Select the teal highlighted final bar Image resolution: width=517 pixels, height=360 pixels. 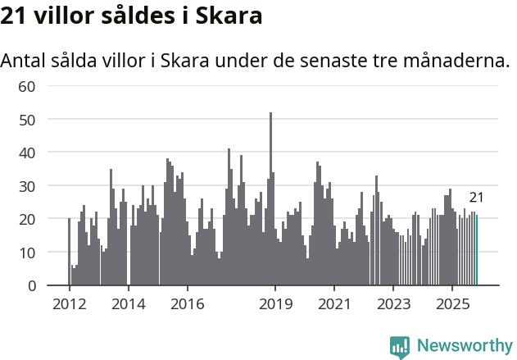pos(477,250)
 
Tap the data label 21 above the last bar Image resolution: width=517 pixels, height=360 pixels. pos(476,198)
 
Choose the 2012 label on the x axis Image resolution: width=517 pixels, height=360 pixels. pos(69,304)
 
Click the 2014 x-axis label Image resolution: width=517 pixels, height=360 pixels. pos(128,304)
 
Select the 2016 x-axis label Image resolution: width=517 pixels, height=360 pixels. pos(188,304)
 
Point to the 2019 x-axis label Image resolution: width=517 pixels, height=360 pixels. pos(276,304)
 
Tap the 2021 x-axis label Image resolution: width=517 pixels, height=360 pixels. pos(334,304)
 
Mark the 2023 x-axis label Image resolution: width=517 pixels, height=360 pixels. pos(393,304)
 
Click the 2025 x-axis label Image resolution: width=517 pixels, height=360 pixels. pos(452,304)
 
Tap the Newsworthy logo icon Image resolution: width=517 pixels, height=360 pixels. pos(400,347)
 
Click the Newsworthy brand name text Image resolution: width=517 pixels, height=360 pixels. pos(465,346)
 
